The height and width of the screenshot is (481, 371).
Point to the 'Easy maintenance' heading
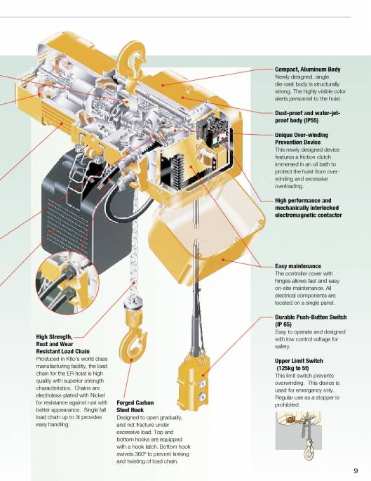(298, 266)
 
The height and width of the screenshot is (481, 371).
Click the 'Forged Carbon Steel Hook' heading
(135, 406)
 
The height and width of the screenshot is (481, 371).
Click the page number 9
(356, 470)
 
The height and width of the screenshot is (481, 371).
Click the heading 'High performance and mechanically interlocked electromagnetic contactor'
(309, 208)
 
